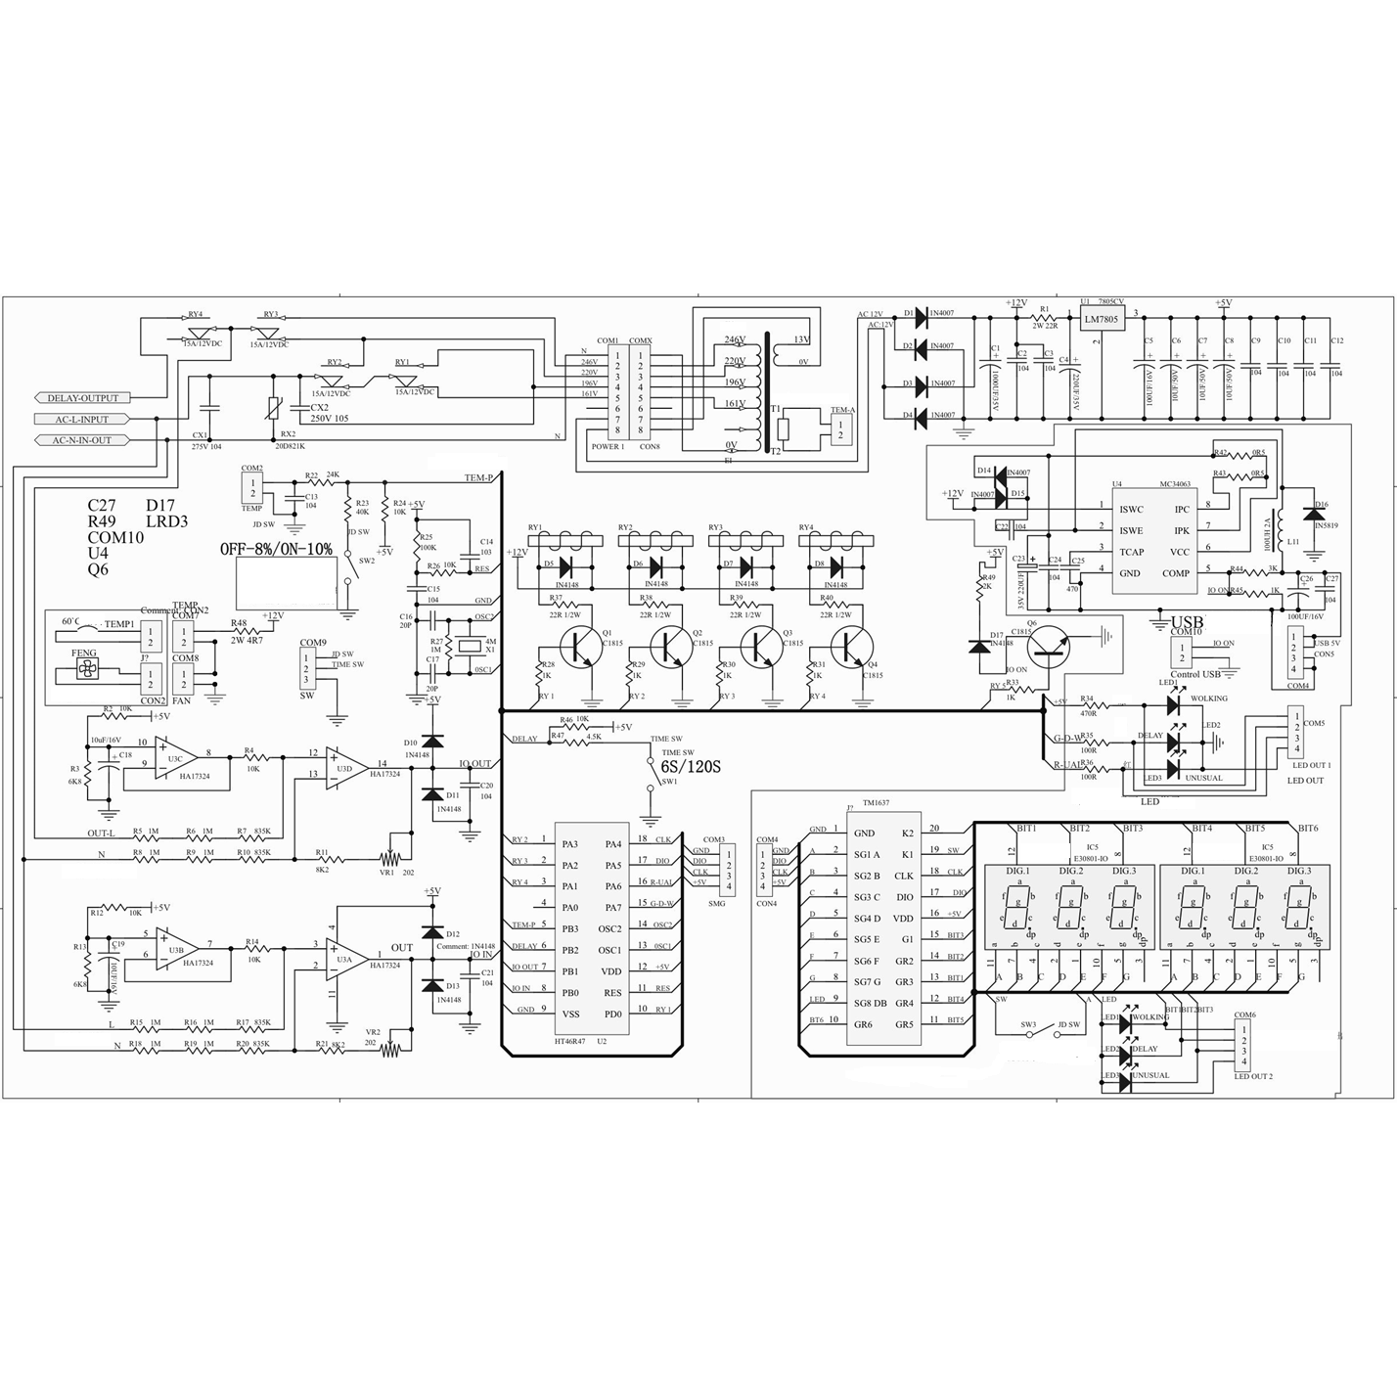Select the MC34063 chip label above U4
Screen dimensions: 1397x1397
tap(1175, 483)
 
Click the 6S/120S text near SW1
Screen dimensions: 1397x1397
tap(691, 766)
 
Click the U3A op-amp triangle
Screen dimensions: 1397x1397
tap(345, 958)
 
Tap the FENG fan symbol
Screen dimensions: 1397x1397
tap(85, 671)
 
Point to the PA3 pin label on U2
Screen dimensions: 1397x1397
tap(569, 844)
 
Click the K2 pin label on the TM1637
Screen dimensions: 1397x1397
tap(907, 833)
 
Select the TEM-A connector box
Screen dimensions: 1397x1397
tap(840, 427)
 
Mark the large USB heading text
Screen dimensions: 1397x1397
tap(1188, 622)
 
